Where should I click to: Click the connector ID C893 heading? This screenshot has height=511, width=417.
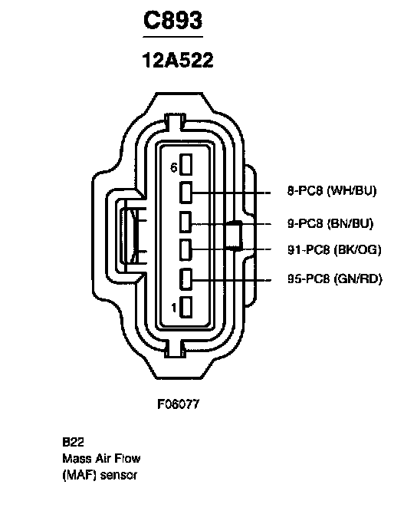pos(172,20)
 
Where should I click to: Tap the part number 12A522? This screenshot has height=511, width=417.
pos(178,61)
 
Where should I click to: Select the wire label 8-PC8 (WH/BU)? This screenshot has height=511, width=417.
pos(332,190)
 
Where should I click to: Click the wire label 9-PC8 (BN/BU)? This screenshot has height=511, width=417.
pos(330,223)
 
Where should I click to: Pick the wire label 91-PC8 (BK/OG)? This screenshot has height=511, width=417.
pos(334,249)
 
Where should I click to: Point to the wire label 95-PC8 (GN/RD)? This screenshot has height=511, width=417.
pos(335,279)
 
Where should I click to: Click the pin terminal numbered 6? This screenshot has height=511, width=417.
pos(186,164)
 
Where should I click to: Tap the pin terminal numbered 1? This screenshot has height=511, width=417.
pos(186,307)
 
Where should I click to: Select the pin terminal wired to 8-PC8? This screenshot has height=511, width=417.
pos(186,193)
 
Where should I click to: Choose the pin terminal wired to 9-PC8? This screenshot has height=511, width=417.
pos(186,222)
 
